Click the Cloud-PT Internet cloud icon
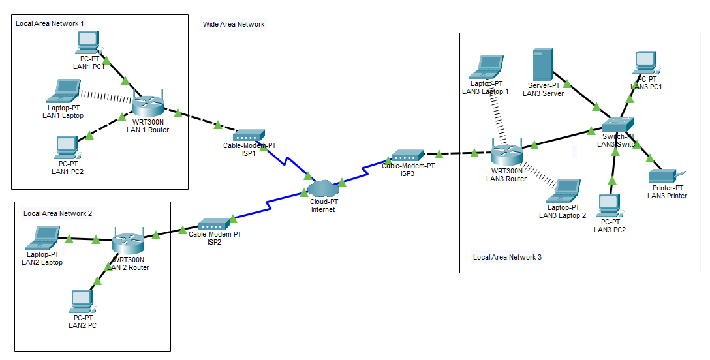coord(322,188)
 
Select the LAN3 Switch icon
coord(617,124)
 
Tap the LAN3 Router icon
coord(506,154)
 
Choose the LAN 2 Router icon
coord(127,243)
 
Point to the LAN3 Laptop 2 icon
coord(564,190)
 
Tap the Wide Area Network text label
coord(234,24)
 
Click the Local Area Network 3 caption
coord(507,257)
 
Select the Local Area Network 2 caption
coord(57,213)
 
